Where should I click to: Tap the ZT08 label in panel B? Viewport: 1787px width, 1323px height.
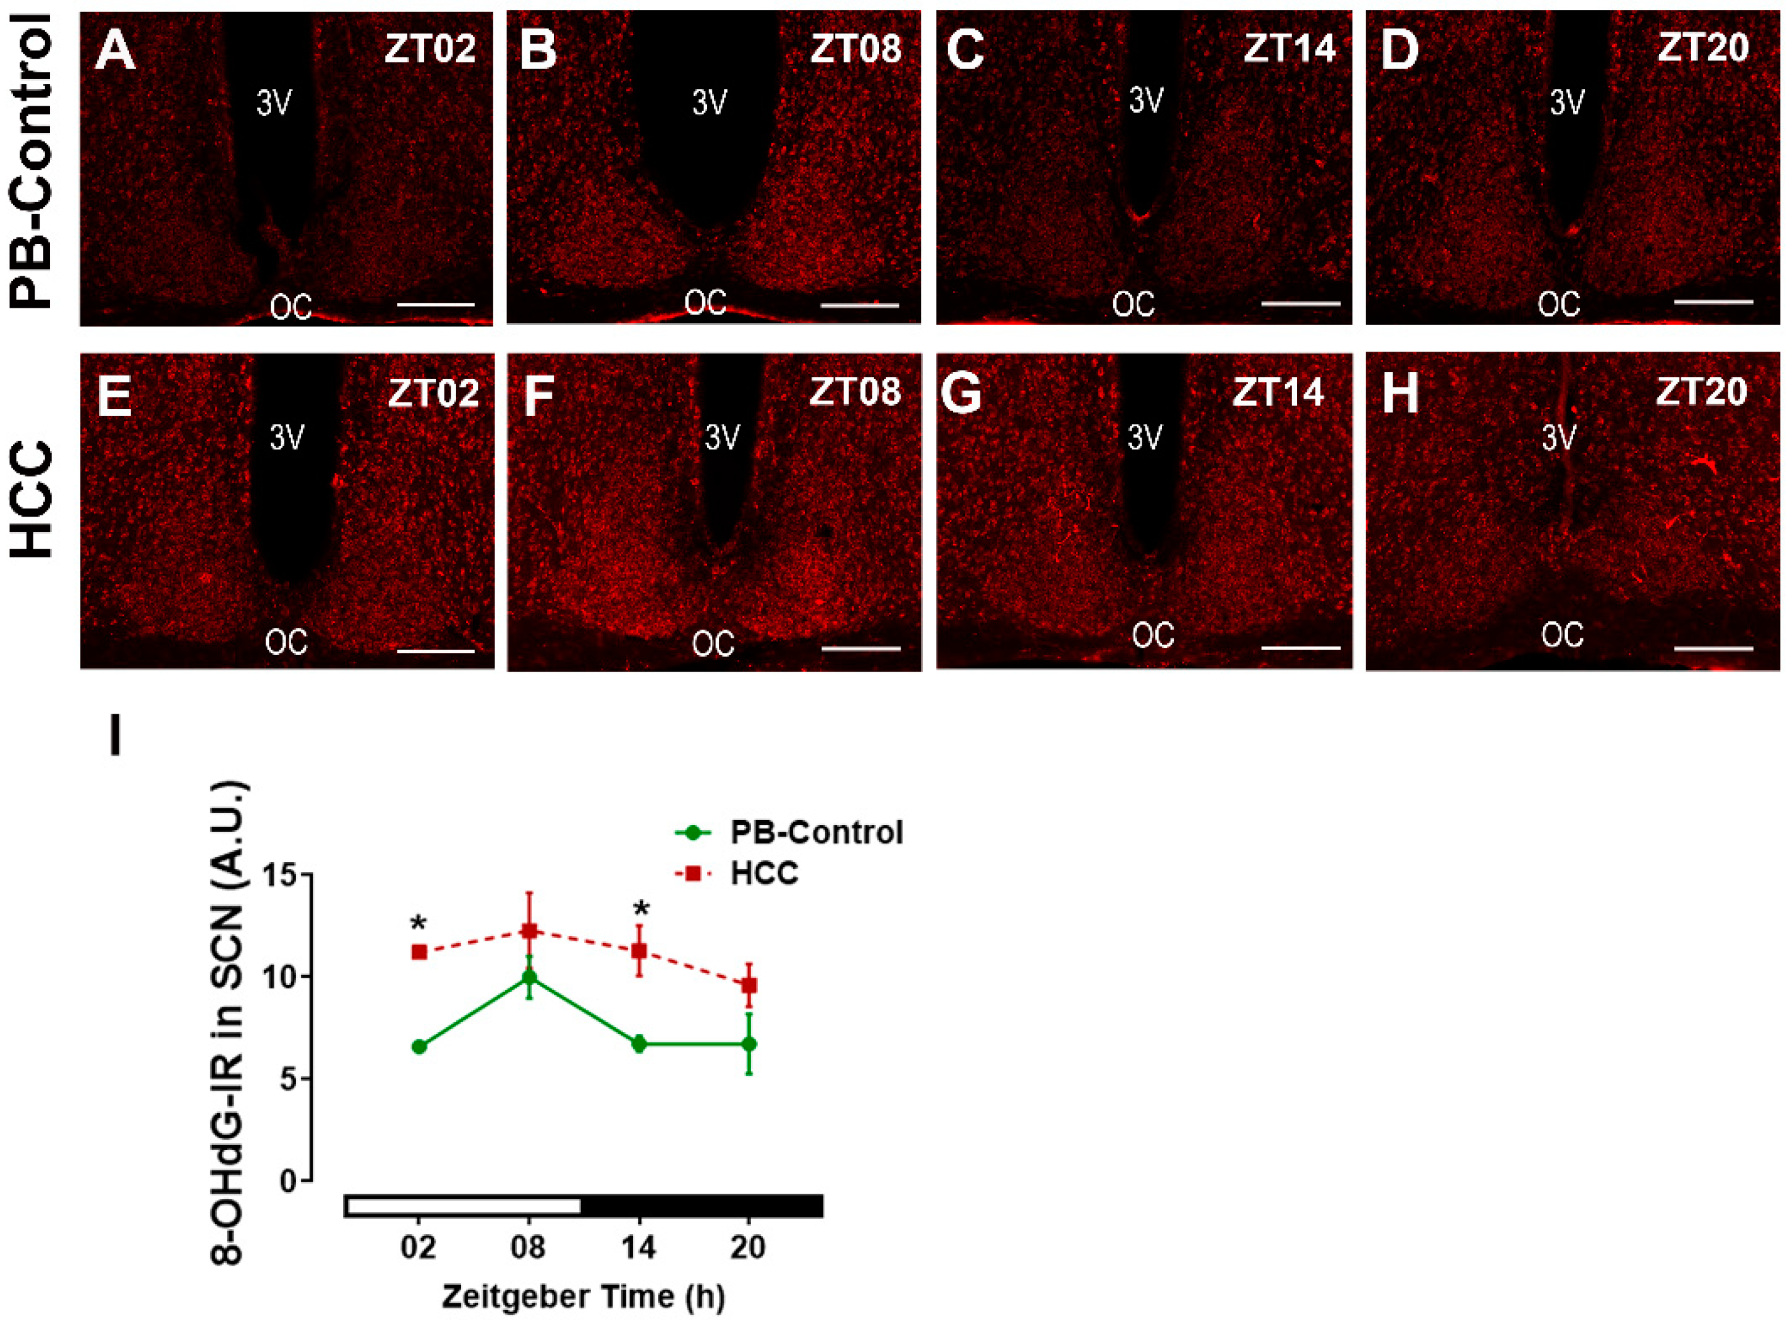pyautogui.click(x=855, y=49)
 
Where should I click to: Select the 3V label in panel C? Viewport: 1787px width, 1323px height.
pyautogui.click(x=1145, y=100)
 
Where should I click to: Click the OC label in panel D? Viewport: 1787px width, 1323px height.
pyautogui.click(x=1559, y=304)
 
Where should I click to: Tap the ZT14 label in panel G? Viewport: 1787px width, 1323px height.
pyautogui.click(x=1278, y=393)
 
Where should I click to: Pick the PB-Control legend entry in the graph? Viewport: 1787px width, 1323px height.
pyautogui.click(x=815, y=833)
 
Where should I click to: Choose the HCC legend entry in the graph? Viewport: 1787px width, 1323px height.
pyautogui.click(x=764, y=873)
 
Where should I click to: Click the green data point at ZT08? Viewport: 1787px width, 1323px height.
pyautogui.click(x=528, y=977)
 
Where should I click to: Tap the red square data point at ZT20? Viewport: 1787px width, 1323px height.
pyautogui.click(x=749, y=985)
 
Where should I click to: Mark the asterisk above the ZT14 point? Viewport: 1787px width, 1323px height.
pyautogui.click(x=641, y=909)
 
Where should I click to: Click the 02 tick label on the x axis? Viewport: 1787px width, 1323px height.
pyautogui.click(x=418, y=1248)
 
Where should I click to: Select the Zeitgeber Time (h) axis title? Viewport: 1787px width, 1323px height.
pyautogui.click(x=583, y=1296)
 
